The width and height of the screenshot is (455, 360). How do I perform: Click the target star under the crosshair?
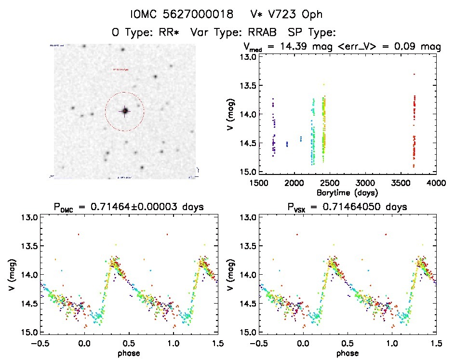click(x=124, y=111)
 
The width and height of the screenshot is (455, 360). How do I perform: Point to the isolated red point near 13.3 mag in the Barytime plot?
click(x=414, y=74)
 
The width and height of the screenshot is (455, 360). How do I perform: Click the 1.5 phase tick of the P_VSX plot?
click(x=436, y=343)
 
